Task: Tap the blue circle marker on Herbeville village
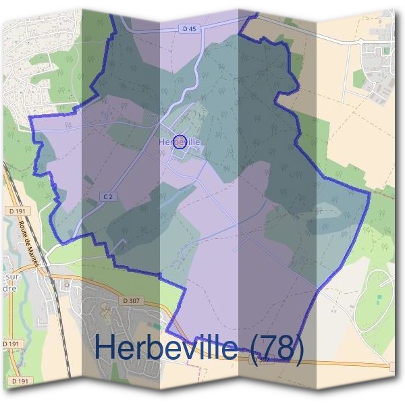click(x=180, y=141)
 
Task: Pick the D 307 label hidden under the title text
click(x=263, y=360)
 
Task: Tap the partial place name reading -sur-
click(x=9, y=277)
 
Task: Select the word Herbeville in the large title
click(x=165, y=347)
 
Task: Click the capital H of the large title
click(x=106, y=347)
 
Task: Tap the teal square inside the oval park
click(x=379, y=297)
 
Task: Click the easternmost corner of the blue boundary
click(x=370, y=194)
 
